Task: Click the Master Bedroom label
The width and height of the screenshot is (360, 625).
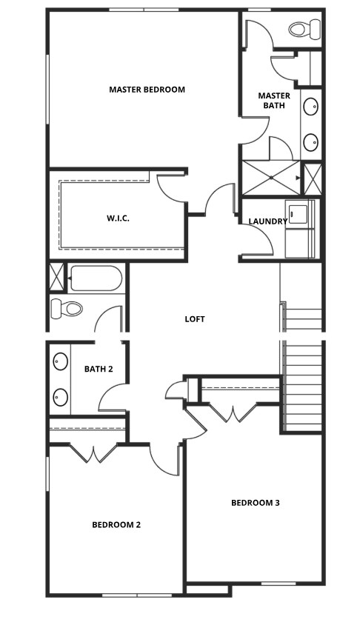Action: pyautogui.click(x=147, y=90)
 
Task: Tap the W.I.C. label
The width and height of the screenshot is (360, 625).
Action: pyautogui.click(x=118, y=218)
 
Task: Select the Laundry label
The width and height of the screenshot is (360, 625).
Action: pyautogui.click(x=267, y=221)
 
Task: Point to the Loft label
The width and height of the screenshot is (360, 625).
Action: pyautogui.click(x=195, y=319)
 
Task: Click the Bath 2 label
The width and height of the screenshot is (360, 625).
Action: pyautogui.click(x=99, y=369)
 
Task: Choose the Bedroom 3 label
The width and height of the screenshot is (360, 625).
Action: pyautogui.click(x=255, y=503)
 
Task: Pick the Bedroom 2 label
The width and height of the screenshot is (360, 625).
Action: pyautogui.click(x=116, y=525)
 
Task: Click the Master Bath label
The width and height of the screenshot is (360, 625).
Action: pyautogui.click(x=274, y=100)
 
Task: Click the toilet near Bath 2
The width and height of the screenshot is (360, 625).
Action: pyautogui.click(x=65, y=308)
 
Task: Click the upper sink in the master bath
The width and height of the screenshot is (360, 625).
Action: pyautogui.click(x=311, y=107)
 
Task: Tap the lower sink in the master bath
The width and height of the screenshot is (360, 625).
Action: pyautogui.click(x=311, y=141)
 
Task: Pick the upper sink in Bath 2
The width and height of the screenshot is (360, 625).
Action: pyautogui.click(x=60, y=362)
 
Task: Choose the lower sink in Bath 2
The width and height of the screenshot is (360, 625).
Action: pyautogui.click(x=60, y=398)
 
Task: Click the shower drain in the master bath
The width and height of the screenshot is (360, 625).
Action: pyautogui.click(x=272, y=178)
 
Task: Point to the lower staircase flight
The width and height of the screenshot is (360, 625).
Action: pyautogui.click(x=304, y=387)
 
